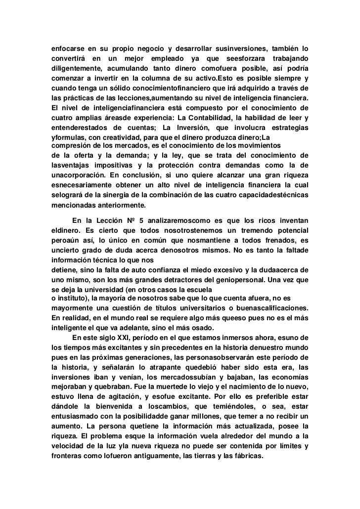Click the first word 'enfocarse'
(x=68, y=49)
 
